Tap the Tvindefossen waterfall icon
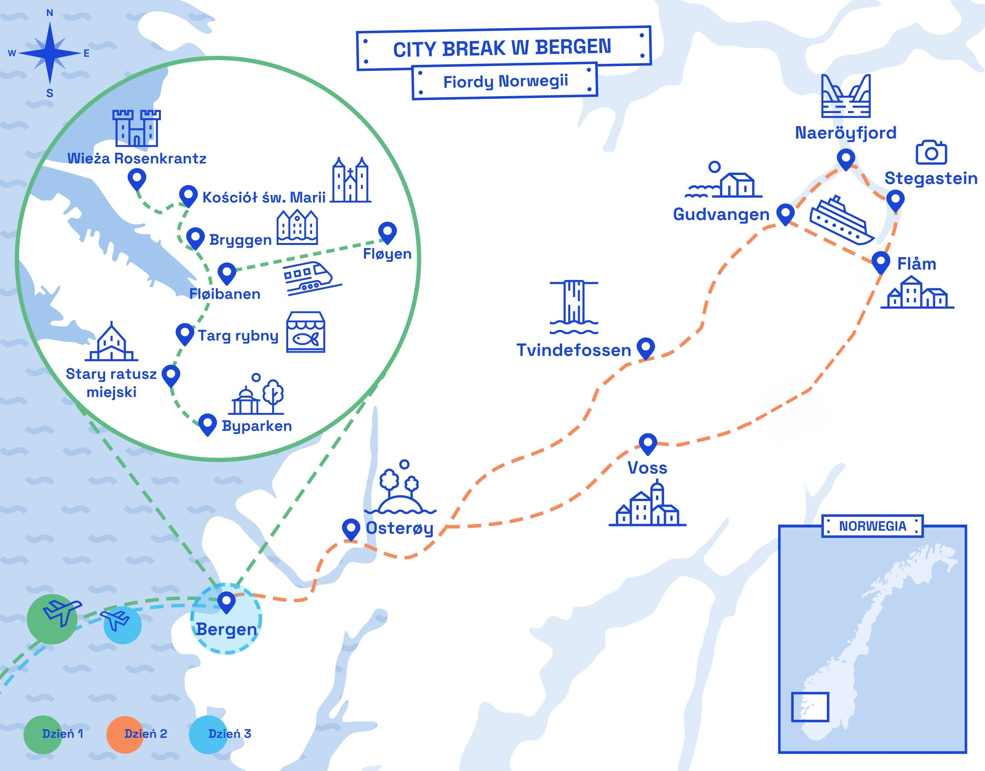[574, 307]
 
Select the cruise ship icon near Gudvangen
[841, 221]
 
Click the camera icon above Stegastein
[931, 153]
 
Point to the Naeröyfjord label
[845, 133]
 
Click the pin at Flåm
[880, 261]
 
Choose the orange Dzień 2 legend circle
[125, 734]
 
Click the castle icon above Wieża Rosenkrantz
[136, 128]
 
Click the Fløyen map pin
[387, 231]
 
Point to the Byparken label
[257, 426]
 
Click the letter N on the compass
[50, 13]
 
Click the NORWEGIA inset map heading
[872, 526]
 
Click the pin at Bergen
[226, 601]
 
